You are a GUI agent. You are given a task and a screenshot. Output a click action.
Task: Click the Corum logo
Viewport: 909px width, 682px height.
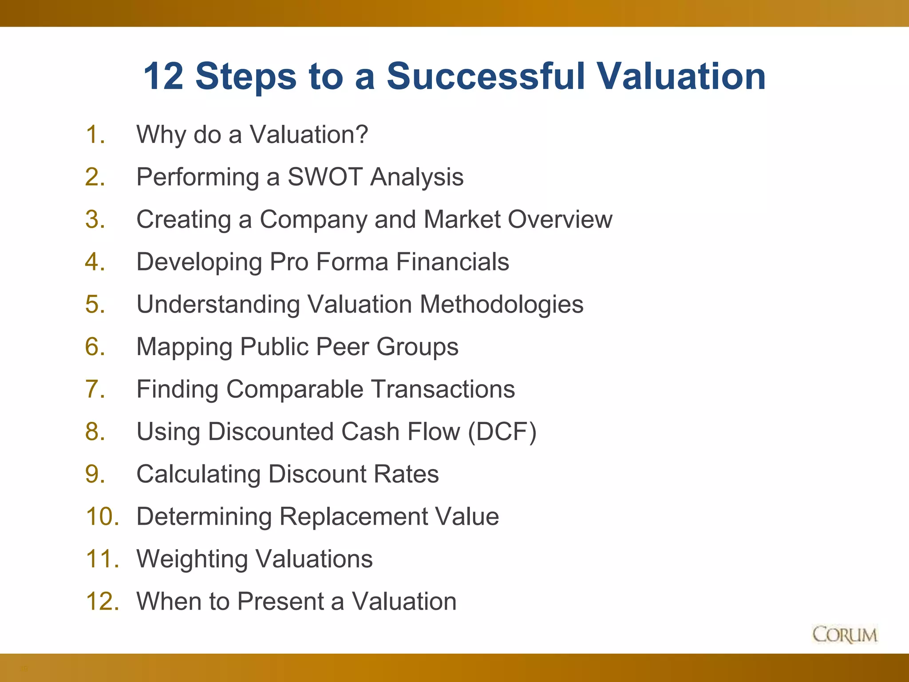coord(845,634)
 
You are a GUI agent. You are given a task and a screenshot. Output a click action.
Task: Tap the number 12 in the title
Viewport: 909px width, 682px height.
coord(163,76)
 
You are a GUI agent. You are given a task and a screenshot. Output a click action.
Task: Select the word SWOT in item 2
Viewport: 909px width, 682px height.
coord(325,177)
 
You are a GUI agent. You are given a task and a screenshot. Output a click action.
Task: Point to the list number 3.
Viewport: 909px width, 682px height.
coord(95,219)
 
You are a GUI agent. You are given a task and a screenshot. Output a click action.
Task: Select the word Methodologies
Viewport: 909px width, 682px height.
coord(502,304)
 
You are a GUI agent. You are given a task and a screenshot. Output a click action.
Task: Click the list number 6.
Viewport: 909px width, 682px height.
coord(95,346)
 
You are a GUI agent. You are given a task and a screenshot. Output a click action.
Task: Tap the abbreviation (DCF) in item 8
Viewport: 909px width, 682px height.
coord(502,432)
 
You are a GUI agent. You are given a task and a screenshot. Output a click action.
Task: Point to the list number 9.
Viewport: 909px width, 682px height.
coord(95,474)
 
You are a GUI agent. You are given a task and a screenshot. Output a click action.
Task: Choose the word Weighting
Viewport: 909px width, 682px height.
coord(192,559)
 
